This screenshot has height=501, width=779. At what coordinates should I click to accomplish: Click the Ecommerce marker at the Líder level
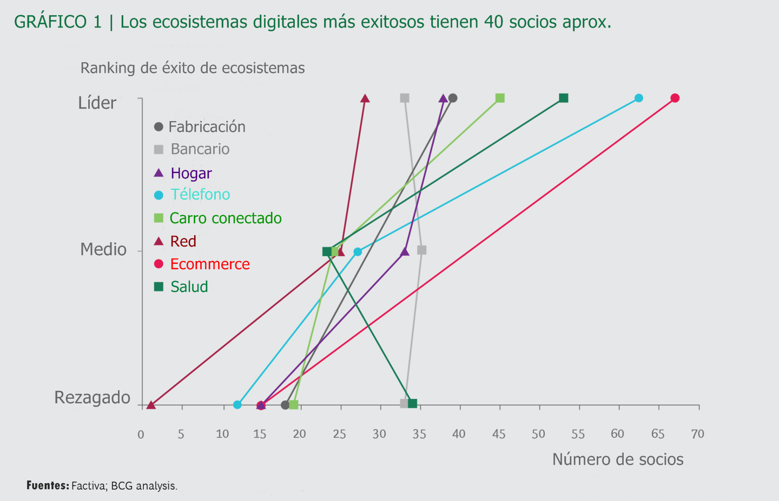[x=675, y=98]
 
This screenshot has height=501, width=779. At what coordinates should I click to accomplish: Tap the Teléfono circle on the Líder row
[x=638, y=98]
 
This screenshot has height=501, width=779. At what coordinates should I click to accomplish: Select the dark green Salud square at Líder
[x=563, y=98]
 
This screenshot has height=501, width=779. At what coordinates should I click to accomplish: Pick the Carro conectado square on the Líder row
[x=500, y=98]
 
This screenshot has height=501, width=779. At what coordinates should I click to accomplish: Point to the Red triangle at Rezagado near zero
[x=151, y=405]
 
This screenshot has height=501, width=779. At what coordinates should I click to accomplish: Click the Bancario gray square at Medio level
[x=422, y=250]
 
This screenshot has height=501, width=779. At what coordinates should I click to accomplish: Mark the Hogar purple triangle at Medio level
[x=405, y=252]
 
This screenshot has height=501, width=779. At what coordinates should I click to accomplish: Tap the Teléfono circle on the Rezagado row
[x=237, y=405]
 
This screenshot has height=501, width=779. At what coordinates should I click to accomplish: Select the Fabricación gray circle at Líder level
[x=453, y=98]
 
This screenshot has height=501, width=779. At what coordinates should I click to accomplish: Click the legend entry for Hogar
[x=191, y=173]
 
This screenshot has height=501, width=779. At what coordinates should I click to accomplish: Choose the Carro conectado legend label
[x=225, y=218]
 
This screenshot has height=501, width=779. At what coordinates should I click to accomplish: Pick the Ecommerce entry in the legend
[x=210, y=264]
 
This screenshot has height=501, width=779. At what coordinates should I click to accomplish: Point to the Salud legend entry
[x=189, y=286]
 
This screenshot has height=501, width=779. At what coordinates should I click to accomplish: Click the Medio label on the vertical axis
[x=103, y=249]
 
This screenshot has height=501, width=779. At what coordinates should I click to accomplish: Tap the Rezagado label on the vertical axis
[x=93, y=397]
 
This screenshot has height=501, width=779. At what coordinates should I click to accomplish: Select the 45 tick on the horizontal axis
[x=499, y=434]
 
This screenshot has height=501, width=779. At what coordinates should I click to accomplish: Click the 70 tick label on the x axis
[x=697, y=434]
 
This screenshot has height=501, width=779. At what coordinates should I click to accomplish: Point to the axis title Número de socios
[x=618, y=459]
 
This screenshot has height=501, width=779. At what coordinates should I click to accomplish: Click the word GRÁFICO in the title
[x=50, y=22]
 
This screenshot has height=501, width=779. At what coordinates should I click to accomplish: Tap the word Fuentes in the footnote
[x=48, y=485]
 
